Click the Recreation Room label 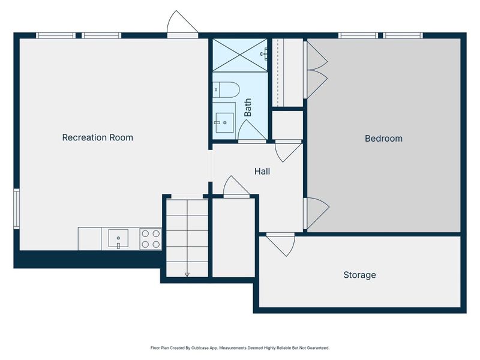[97, 137]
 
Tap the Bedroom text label [383, 138]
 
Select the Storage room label [359, 275]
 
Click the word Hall [262, 171]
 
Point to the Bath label [248, 108]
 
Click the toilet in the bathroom [226, 89]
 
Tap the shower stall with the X [239, 54]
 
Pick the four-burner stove [151, 239]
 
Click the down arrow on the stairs [187, 273]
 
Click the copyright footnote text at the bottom [239, 347]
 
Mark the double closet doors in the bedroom [316, 68]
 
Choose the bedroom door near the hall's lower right [316, 212]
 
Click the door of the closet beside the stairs [236, 187]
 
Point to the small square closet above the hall [287, 124]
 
